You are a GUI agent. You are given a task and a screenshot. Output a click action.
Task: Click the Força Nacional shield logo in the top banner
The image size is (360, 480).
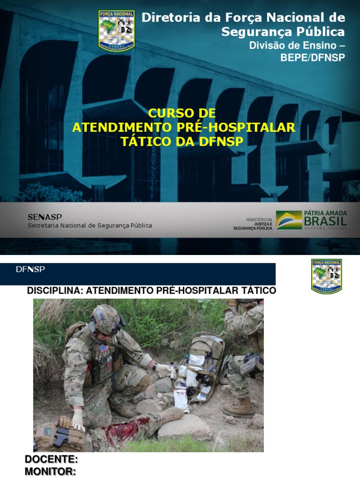(117, 30)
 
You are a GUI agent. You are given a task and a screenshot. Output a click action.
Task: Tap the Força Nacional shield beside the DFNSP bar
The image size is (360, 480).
(326, 276)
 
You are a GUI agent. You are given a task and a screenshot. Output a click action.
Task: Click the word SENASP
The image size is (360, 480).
(45, 217)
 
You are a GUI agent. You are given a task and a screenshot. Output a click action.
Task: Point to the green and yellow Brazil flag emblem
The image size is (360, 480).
(288, 220)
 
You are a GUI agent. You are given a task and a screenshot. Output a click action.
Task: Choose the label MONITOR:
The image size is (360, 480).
(50, 472)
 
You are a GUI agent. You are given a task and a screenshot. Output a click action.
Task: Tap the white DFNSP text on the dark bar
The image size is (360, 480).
(30, 269)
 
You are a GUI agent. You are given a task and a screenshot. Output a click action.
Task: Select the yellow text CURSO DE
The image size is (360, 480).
(182, 113)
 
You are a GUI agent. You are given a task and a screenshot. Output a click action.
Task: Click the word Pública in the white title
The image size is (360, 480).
(323, 32)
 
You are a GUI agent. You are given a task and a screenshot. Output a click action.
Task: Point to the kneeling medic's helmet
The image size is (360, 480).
(106, 318)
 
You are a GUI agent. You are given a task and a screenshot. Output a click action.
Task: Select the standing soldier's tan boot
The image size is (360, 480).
(239, 407)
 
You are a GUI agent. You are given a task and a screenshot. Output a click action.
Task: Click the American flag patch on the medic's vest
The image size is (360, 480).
(103, 349)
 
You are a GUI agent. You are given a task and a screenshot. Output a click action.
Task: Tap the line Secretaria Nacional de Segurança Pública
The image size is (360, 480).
(90, 225)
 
